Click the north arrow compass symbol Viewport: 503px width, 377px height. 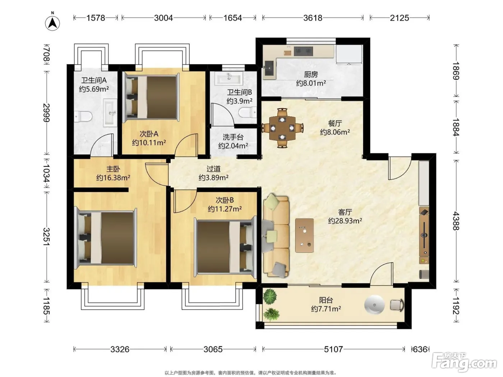click(52, 23)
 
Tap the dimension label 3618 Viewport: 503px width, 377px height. click(313, 18)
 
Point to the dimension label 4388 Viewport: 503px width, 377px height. click(456, 221)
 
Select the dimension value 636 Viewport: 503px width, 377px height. click(420, 349)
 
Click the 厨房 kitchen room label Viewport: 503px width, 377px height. click(311, 74)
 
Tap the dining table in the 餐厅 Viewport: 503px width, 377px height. click(282, 128)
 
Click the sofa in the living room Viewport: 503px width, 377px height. click(276, 236)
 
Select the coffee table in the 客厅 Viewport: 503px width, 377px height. click(304, 235)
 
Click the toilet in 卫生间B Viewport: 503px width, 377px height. click(248, 113)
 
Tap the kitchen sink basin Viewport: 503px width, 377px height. click(269, 68)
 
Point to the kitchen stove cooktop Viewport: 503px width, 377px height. click(303, 51)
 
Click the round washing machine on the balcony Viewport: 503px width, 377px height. click(374, 304)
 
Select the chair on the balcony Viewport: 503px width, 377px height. click(397, 305)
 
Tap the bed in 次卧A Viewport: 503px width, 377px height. click(151, 97)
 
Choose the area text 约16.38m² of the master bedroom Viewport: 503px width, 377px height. click(113, 178)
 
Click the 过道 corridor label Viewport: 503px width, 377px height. click(213, 169)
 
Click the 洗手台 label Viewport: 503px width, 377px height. click(233, 137)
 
